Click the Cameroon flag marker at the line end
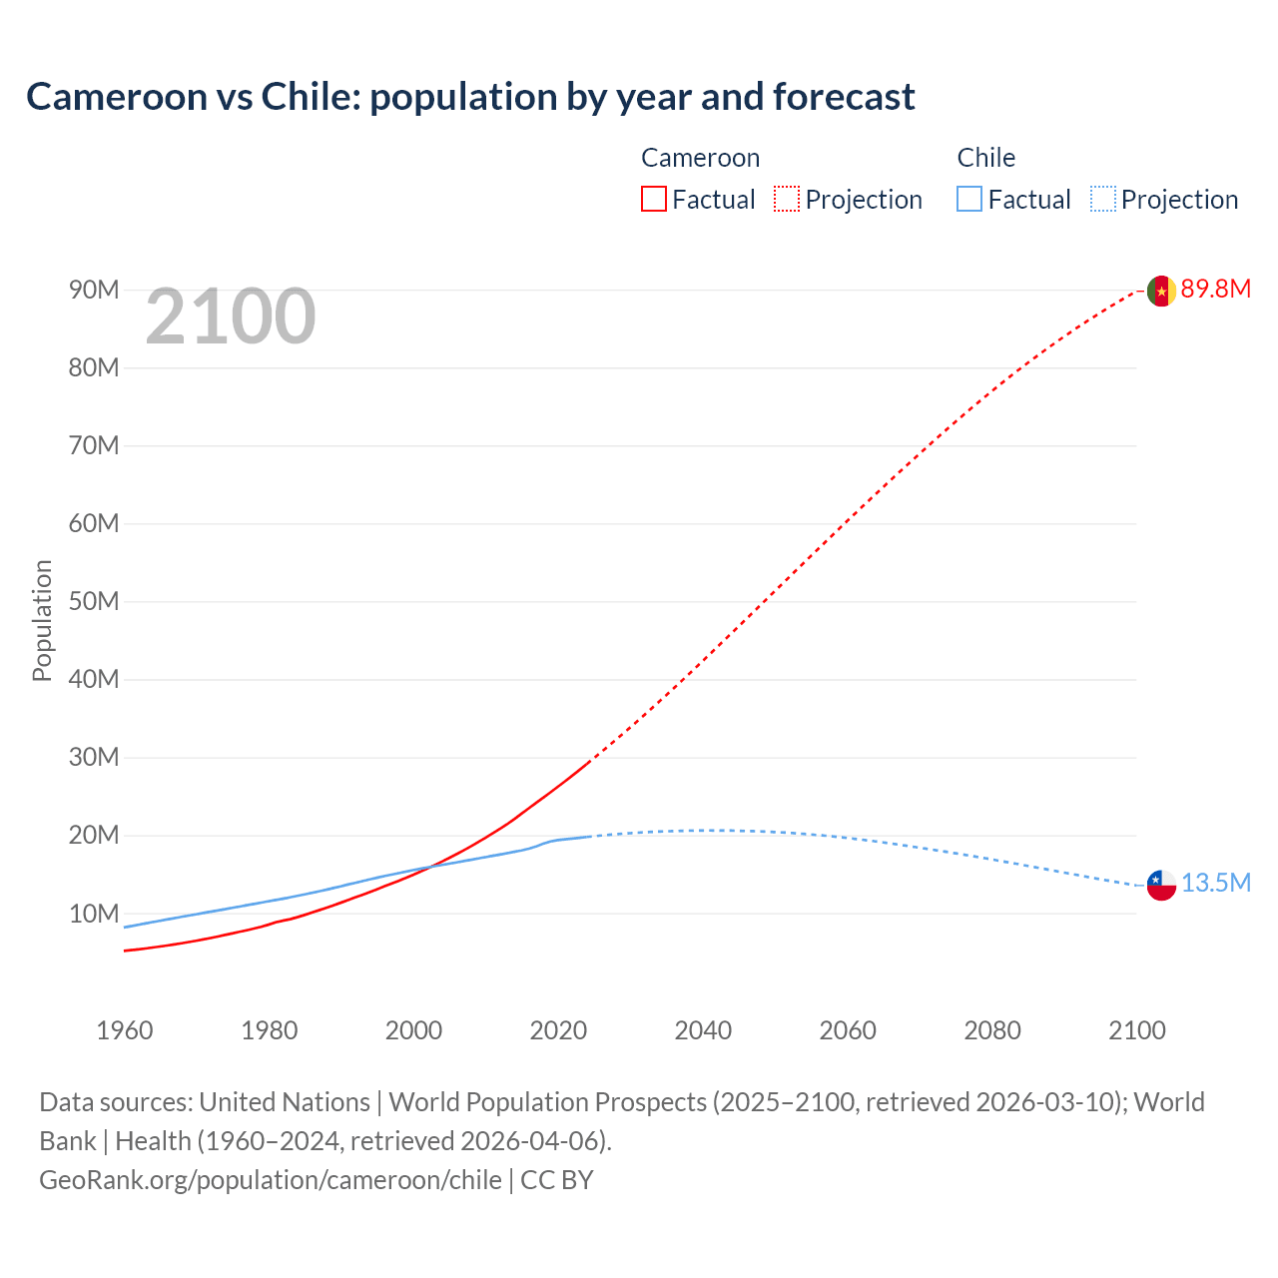point(1161,291)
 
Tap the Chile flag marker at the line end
point(1161,885)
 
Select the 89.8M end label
point(1215,290)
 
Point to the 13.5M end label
point(1215,884)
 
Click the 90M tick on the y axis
point(94,291)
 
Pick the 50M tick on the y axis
point(94,602)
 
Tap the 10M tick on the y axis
point(94,914)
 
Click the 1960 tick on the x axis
point(125,1030)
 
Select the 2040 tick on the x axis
point(703,1030)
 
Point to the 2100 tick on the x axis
point(1136,1030)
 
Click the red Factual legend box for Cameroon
point(654,200)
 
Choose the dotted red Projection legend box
point(787,200)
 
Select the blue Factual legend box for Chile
point(969,200)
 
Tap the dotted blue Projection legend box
point(1102,200)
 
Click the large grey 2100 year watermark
point(231,318)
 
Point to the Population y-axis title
point(42,620)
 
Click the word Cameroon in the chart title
point(116,97)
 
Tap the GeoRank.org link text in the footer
point(270,1180)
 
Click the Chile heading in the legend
point(985,158)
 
